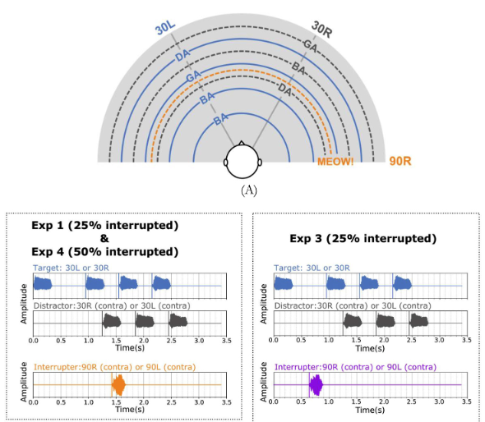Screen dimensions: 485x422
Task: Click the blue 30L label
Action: pyautogui.click(x=165, y=28)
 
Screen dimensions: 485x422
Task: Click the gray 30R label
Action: pyautogui.click(x=322, y=29)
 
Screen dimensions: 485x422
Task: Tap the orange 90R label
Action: pyautogui.click(x=400, y=161)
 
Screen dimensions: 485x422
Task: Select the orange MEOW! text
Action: pyautogui.click(x=335, y=161)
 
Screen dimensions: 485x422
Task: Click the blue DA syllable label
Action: pyautogui.click(x=182, y=55)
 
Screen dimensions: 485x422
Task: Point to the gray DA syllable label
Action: pyautogui.click(x=285, y=89)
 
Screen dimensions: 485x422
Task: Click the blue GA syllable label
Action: pyautogui.click(x=194, y=76)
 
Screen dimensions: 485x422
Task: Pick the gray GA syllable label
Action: pyautogui.click(x=310, y=46)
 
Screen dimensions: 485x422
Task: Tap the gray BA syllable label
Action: pyautogui.click(x=298, y=68)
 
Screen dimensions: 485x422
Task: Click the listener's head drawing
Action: pyautogui.click(x=242, y=160)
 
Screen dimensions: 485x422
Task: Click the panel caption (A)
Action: pyautogui.click(x=249, y=190)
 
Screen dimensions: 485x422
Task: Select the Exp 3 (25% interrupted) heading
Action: pyautogui.click(x=363, y=238)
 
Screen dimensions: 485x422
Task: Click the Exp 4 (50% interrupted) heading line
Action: pyautogui.click(x=105, y=252)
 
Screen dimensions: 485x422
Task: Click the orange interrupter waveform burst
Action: pyautogui.click(x=118, y=384)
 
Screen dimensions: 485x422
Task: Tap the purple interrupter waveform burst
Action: pyautogui.click(x=316, y=384)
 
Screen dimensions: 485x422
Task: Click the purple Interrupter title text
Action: pyautogui.click(x=356, y=367)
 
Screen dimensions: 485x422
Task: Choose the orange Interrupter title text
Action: pyautogui.click(x=115, y=367)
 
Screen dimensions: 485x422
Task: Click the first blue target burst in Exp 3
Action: pyautogui.click(x=284, y=283)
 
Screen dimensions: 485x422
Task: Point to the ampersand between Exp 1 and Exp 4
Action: pyautogui.click(x=104, y=238)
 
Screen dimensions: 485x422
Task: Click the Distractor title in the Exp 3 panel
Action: pyautogui.click(x=353, y=306)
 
